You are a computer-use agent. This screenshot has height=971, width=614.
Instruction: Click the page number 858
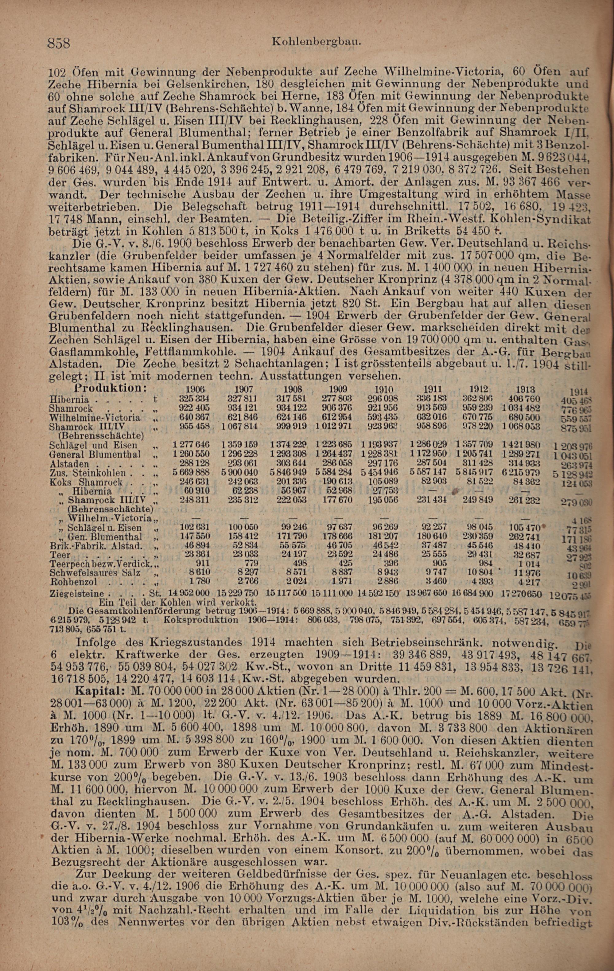click(59, 43)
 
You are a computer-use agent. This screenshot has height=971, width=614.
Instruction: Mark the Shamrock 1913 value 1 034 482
click(524, 408)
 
